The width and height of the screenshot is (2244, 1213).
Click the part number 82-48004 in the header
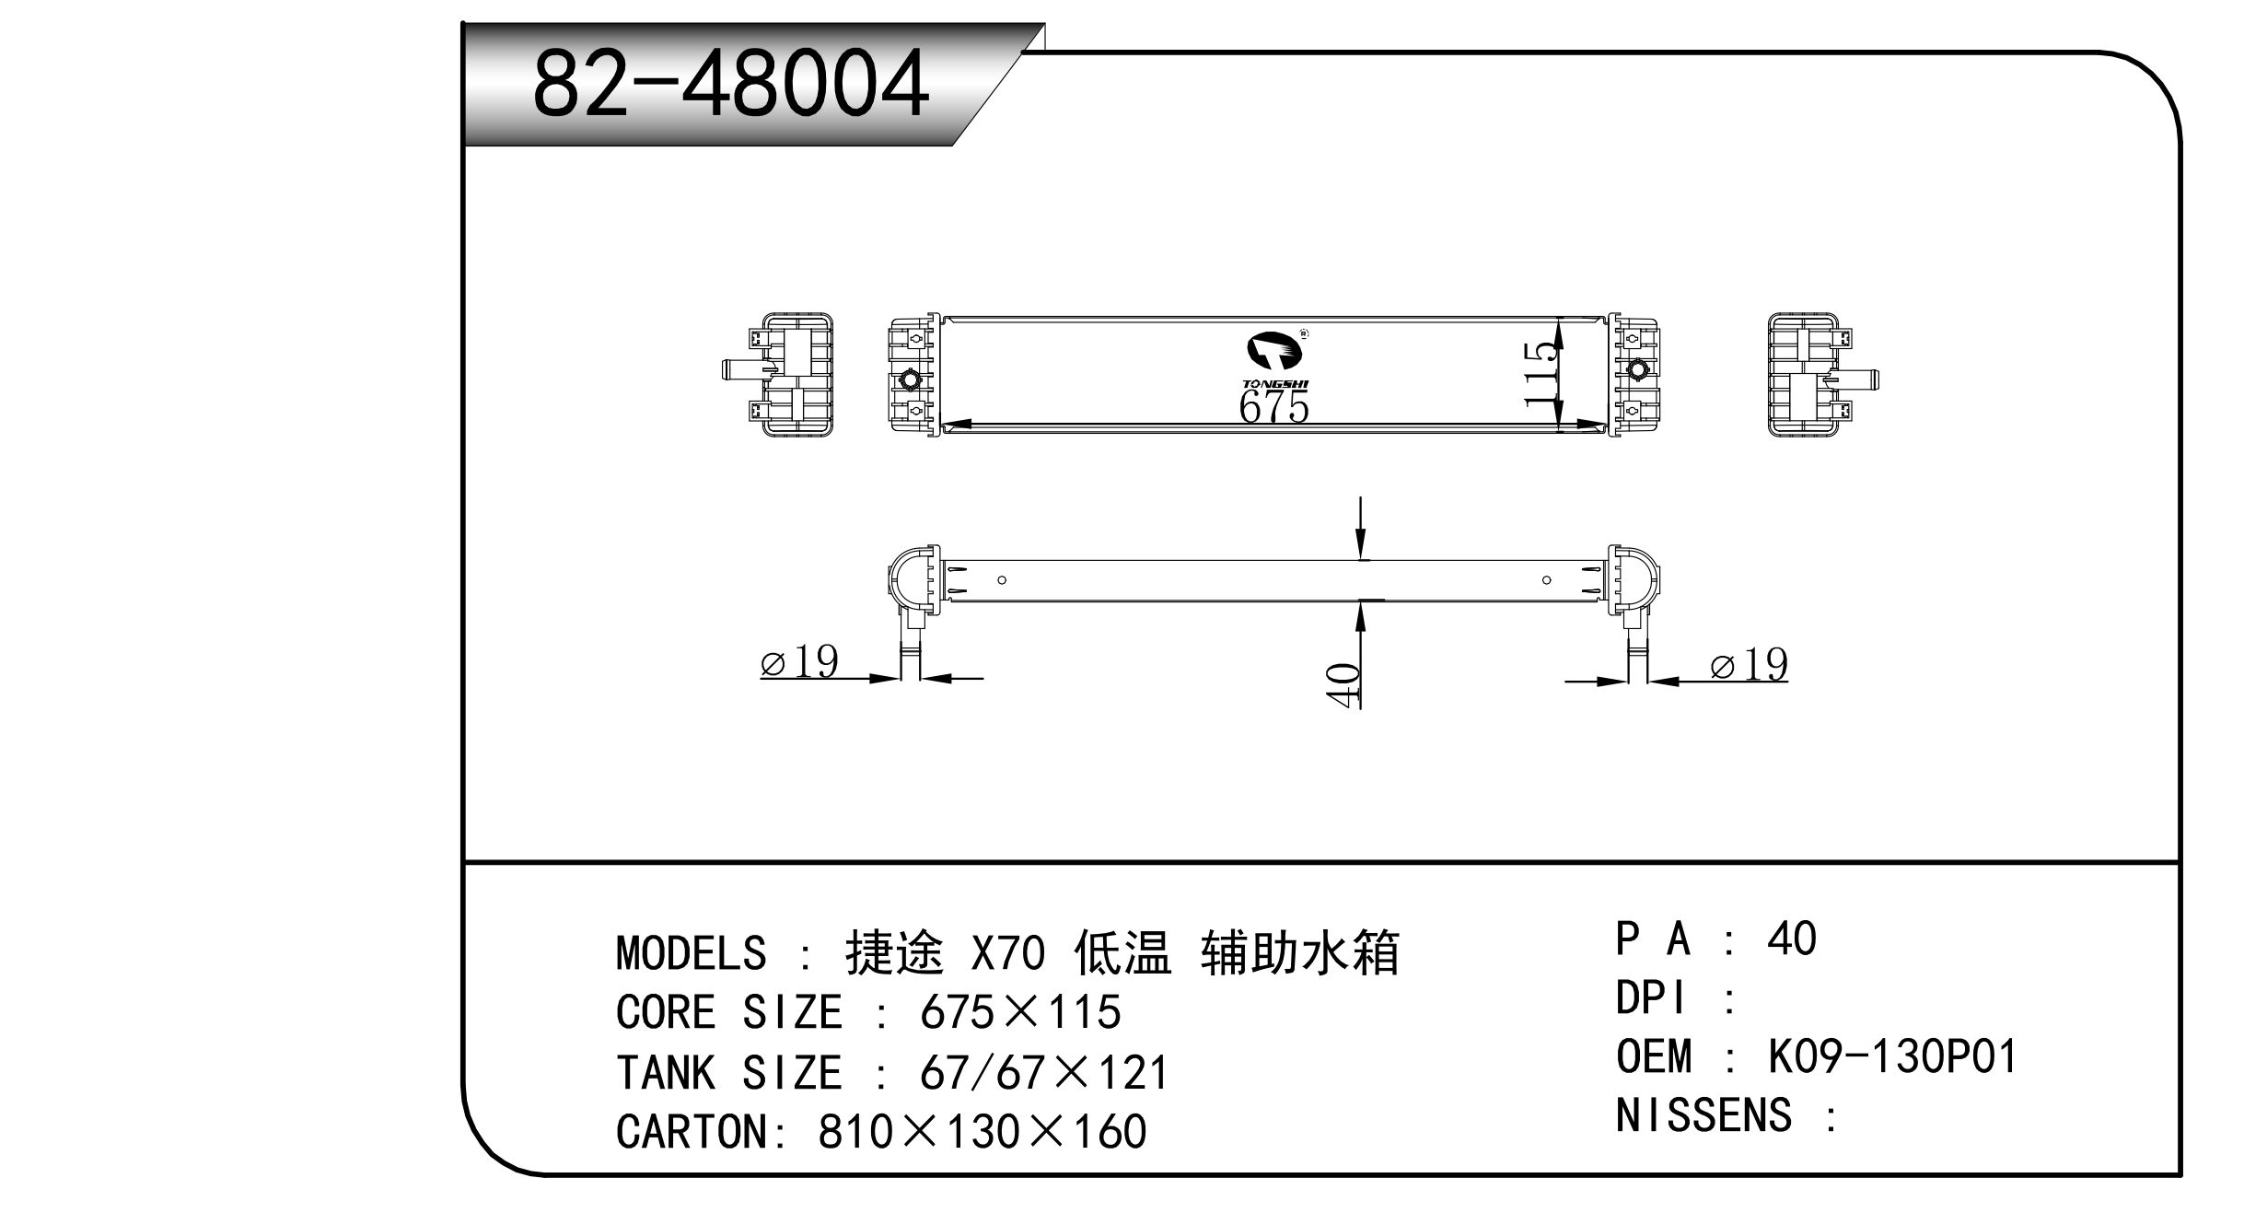[729, 85]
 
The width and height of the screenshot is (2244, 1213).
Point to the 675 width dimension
[1273, 406]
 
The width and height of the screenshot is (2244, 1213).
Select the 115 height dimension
[1541, 374]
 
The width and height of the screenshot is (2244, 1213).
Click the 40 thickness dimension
[1344, 686]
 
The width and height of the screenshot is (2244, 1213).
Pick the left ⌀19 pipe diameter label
[799, 660]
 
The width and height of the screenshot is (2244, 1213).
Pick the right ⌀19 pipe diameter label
[1749, 664]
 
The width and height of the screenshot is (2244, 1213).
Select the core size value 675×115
[1020, 1012]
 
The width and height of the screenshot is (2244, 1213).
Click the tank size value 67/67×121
[1044, 1073]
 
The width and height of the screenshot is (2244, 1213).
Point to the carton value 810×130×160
[982, 1132]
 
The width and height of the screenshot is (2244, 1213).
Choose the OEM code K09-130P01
[1892, 1056]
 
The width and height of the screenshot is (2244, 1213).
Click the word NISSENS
[1703, 1115]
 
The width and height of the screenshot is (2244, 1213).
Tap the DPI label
[1653, 997]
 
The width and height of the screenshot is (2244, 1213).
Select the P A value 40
[1791, 939]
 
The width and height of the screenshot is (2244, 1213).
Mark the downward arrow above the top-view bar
[1360, 529]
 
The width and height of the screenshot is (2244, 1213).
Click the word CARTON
[691, 1132]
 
